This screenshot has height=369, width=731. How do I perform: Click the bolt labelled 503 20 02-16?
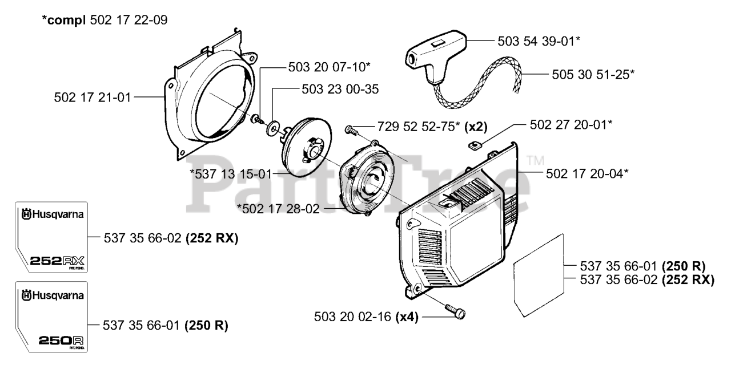pyautogui.click(x=456, y=312)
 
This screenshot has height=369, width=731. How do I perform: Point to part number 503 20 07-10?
pyautogui.click(x=329, y=67)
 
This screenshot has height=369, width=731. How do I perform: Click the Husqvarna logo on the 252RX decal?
pyautogui.click(x=52, y=215)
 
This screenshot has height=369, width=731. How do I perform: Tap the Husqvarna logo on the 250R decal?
pyautogui.click(x=52, y=295)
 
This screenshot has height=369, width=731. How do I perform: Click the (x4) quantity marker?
pyautogui.click(x=408, y=316)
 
